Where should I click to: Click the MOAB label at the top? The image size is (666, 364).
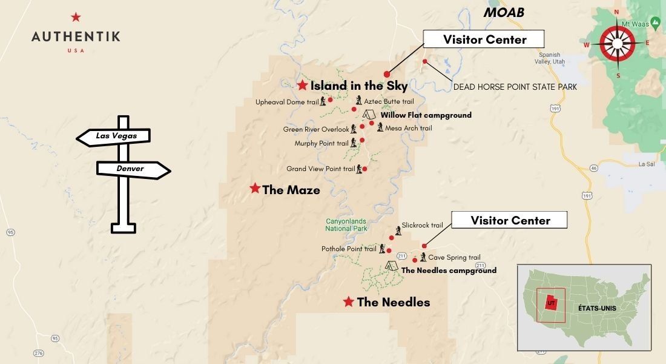coord(503,13)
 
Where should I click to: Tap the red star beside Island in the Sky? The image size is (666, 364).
coord(303,86)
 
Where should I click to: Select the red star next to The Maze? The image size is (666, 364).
coord(255,189)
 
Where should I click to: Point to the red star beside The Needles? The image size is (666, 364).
coord(349,302)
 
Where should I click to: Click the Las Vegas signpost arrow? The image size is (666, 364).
coord(113,136)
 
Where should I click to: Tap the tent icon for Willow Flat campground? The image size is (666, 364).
coord(369,114)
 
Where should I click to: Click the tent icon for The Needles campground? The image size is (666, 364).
coord(392,266)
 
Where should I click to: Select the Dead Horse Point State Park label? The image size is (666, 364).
coord(515,87)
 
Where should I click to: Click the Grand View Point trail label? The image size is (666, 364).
coord(320,169)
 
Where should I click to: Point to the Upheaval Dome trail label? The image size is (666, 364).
coord(286,102)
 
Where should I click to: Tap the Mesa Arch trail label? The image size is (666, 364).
coord(409,128)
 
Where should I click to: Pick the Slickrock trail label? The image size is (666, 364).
coord(422,225)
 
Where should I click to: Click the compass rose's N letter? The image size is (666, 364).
coord(617,12)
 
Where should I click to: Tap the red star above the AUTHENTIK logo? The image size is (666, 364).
coord(75,17)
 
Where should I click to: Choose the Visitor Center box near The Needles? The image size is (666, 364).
coord(510,220)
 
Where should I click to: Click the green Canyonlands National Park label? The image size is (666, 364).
coord(346,225)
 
